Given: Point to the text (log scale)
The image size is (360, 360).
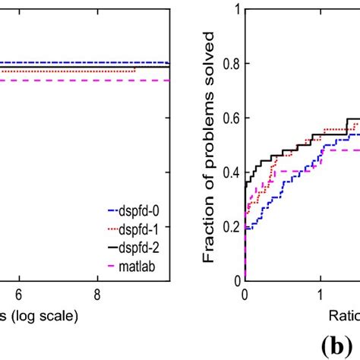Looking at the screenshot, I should tap(42, 314).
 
